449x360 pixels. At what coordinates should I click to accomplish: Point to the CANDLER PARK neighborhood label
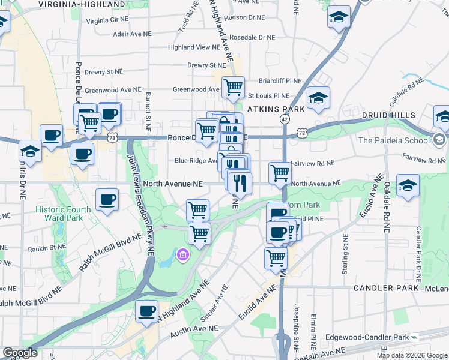(x=385, y=288)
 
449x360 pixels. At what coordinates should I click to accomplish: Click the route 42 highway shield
(x=285, y=119)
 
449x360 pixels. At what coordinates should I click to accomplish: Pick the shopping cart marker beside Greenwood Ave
(x=232, y=87)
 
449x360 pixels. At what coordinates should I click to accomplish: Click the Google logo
(x=20, y=353)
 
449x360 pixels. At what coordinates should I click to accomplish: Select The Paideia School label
(x=393, y=140)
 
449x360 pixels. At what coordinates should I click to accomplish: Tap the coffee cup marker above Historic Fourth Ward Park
(x=107, y=200)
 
